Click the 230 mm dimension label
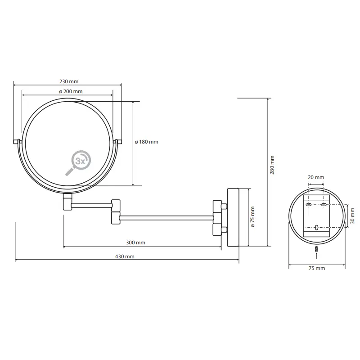tap(69, 81)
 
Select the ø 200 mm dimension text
tap(71, 91)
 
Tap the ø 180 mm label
tap(147, 142)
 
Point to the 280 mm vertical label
tap(272, 165)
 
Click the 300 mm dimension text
tap(135, 243)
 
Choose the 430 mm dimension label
tap(125, 256)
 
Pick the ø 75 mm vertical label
tap(253, 217)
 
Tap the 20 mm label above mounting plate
tap(316, 177)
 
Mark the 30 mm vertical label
tap(353, 216)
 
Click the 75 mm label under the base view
tap(317, 268)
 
